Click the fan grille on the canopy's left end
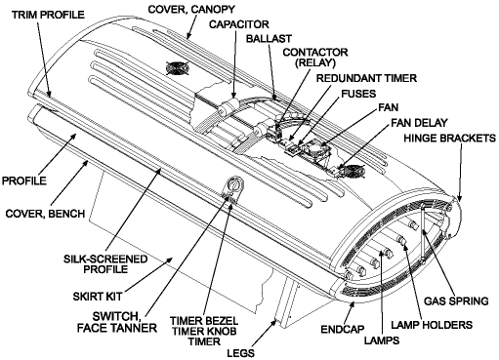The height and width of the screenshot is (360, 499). pos(176,70)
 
